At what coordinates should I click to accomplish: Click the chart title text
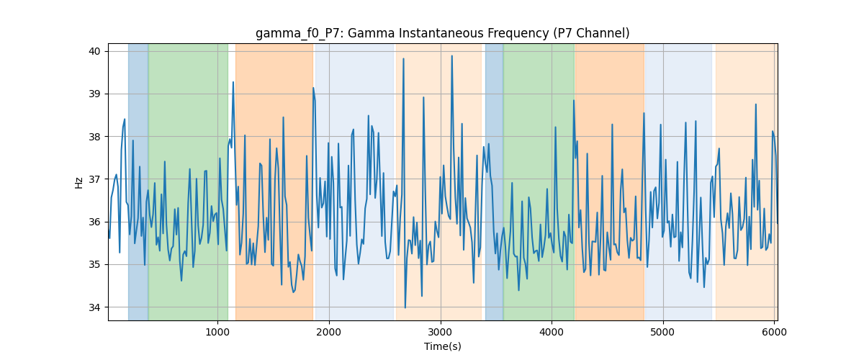[x=442, y=33]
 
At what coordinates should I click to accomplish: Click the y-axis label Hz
[x=78, y=183]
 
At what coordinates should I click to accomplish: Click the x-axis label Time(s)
[x=442, y=346]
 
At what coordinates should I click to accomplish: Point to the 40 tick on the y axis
[x=94, y=51]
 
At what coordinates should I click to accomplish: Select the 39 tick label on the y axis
[x=94, y=94]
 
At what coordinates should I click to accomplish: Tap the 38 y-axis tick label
[x=94, y=137]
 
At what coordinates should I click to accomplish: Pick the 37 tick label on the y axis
[x=94, y=179]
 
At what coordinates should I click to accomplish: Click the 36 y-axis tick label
[x=94, y=222]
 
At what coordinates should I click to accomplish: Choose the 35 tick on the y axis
[x=94, y=264]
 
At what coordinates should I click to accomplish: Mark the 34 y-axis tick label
[x=94, y=307]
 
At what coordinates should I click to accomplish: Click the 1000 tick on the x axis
[x=217, y=332]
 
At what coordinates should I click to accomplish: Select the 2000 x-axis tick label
[x=329, y=332]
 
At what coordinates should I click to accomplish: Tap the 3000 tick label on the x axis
[x=441, y=332]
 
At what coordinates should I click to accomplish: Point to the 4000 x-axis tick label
[x=552, y=332]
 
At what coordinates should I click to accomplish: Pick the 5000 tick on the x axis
[x=663, y=332]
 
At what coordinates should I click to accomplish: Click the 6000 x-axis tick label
[x=775, y=332]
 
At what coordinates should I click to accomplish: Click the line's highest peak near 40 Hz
[x=451, y=56]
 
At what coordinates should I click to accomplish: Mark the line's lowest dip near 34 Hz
[x=405, y=307]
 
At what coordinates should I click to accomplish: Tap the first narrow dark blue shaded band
[x=138, y=181]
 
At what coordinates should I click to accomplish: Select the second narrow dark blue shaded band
[x=494, y=181]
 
